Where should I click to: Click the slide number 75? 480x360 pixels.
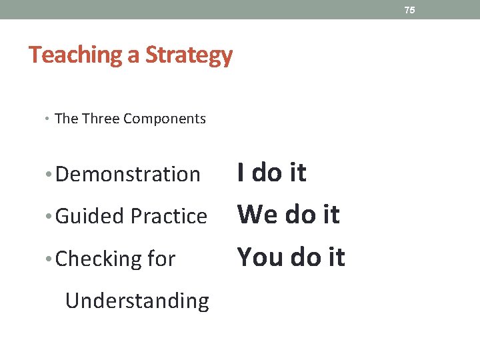pyautogui.click(x=409, y=10)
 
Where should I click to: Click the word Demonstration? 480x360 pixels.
pyautogui.click(x=127, y=175)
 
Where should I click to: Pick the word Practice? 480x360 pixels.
pyautogui.click(x=169, y=216)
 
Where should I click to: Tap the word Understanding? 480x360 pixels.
pyautogui.click(x=137, y=301)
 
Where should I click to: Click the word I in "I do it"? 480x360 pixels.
pyautogui.click(x=241, y=173)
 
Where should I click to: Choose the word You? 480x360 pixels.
pyautogui.click(x=260, y=257)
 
